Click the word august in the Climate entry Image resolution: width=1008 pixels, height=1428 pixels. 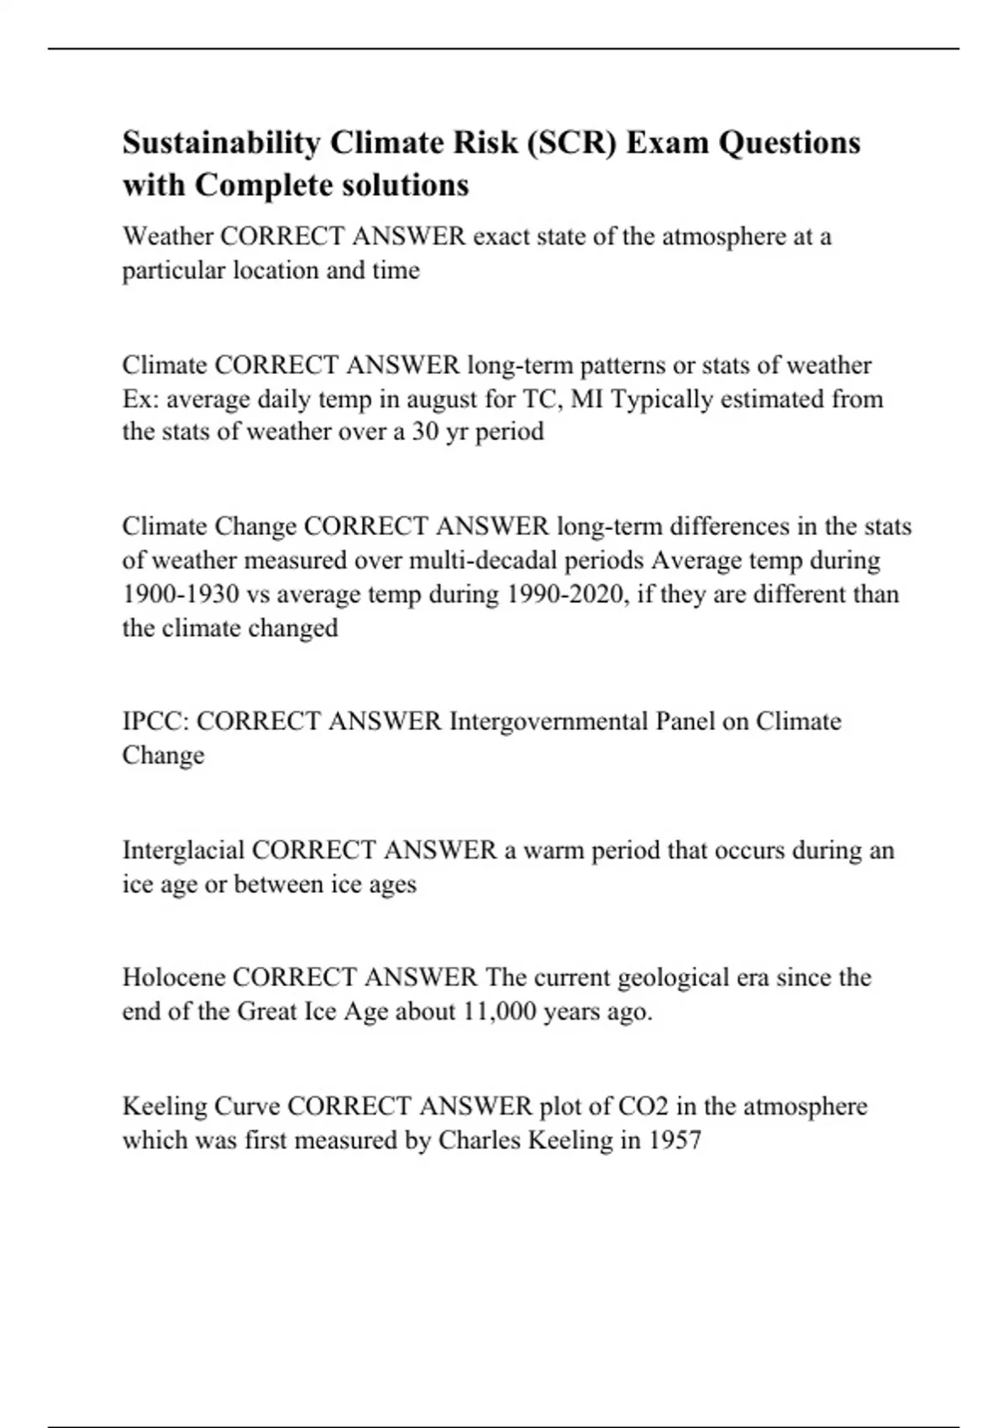[x=444, y=398]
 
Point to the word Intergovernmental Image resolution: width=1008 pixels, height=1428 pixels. [x=547, y=722]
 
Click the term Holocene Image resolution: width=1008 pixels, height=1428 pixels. [x=174, y=978]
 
